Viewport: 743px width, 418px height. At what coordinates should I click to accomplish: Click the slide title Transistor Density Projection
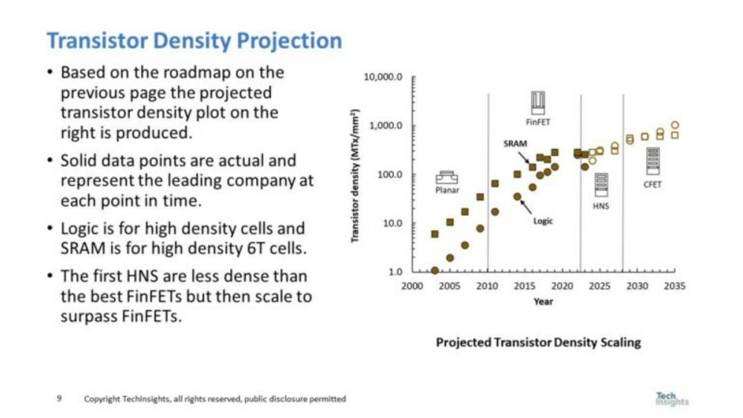click(x=194, y=41)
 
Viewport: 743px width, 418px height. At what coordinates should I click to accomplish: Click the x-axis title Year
click(x=543, y=301)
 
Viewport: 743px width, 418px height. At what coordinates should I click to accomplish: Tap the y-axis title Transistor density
click(x=356, y=175)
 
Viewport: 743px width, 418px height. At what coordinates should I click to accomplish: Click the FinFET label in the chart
click(x=538, y=122)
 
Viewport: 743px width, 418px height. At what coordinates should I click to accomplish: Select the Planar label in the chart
click(x=447, y=190)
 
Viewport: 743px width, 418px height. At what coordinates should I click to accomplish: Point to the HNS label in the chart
click(x=601, y=206)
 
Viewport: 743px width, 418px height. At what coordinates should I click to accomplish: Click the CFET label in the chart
click(x=652, y=185)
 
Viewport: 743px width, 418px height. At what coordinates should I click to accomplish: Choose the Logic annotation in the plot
click(x=542, y=221)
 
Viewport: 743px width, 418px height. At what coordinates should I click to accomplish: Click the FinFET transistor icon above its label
click(x=538, y=103)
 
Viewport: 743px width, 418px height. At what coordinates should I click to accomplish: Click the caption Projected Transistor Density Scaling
click(x=538, y=342)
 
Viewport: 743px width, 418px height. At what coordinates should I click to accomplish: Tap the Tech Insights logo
click(x=671, y=399)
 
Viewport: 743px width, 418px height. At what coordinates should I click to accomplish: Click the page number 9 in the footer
click(x=59, y=399)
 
